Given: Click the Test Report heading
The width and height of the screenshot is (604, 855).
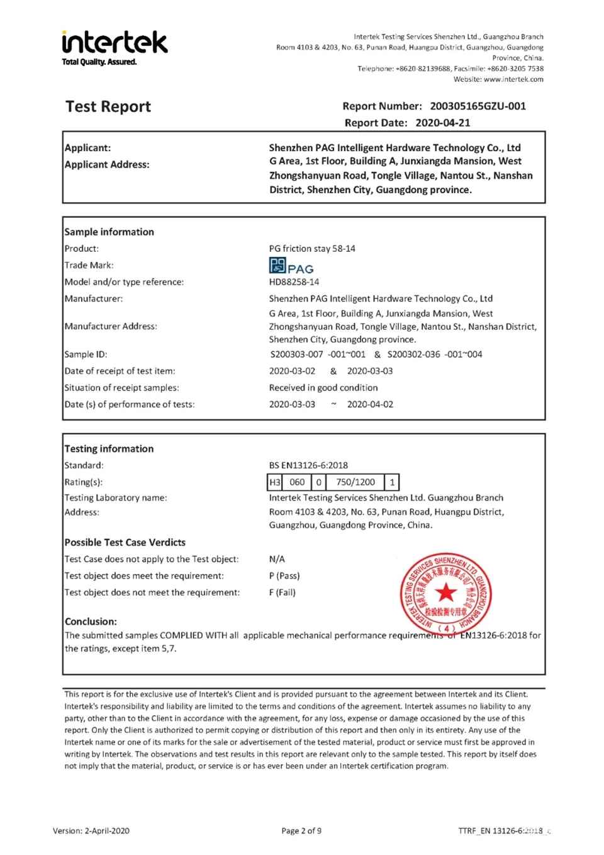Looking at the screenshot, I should coord(108,106).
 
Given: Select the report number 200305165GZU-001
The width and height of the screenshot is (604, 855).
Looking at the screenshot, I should coord(478,106).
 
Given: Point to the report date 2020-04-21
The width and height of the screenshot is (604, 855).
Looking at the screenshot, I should coord(442,123).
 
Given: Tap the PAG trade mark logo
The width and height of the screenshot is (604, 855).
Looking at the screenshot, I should coord(291,265).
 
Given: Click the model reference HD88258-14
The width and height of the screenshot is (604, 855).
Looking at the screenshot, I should coord(294,282).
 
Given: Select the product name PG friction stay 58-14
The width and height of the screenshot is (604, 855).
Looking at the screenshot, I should coord(312,249).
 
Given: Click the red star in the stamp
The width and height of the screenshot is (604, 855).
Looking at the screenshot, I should coord(445,592).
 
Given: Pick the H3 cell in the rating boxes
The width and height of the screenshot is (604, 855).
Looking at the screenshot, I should coord(275,482).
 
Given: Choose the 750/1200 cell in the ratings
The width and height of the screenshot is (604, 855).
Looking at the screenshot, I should coord(355,482).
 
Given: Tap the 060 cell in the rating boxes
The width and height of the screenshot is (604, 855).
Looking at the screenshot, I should coord(297,482).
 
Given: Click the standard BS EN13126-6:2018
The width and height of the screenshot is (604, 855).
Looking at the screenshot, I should coord(308,465).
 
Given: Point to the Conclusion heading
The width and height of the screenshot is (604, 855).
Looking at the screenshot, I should coord(91,621).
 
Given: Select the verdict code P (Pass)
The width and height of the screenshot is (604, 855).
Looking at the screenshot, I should coord(284,575).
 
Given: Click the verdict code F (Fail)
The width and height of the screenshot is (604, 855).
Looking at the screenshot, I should coord(282,592).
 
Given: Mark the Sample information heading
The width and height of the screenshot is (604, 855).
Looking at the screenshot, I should coord(109,232).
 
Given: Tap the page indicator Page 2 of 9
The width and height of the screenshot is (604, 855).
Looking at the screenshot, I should coord(301,830).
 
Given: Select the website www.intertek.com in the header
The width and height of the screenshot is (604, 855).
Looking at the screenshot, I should coord(513,79).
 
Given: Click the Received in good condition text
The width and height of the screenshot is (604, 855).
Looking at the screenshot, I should coord(323,388).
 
